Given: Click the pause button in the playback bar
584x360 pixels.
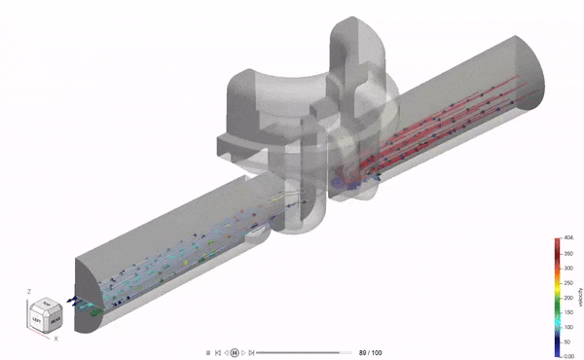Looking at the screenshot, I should pos(235,351).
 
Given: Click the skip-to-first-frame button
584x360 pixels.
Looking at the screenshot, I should pos(218,351).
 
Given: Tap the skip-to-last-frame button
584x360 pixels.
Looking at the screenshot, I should pos(251,351).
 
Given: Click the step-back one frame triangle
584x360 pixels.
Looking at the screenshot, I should pos(226,351).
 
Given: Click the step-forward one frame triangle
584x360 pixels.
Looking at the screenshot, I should pos(243,351).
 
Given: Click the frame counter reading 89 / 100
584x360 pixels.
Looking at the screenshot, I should pos(370,351).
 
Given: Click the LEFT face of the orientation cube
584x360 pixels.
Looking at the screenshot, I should pos(37,318).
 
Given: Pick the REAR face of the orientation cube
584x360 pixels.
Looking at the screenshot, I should pos(55,314).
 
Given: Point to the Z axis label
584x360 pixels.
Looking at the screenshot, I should pos(31,290).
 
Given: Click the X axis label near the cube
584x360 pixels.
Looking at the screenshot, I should pos(55,338).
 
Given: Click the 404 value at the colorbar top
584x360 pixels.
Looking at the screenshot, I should pos(569,237).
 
